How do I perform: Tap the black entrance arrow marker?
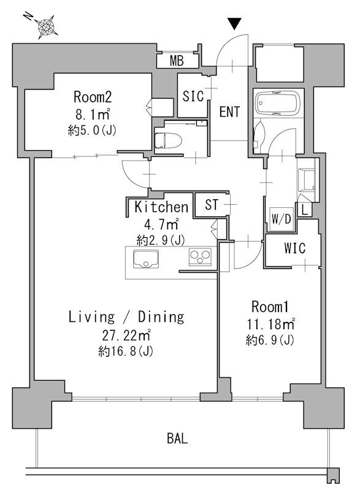pyautogui.click(x=235, y=24)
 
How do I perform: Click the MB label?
pyautogui.click(x=177, y=61)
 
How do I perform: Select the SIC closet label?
pyautogui.click(x=193, y=96)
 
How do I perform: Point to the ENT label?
pyautogui.click(x=229, y=112)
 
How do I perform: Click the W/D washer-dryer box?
pyautogui.click(x=281, y=219)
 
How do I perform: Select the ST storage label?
pyautogui.click(x=212, y=205)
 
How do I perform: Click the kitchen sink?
pyautogui.click(x=146, y=259)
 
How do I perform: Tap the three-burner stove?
pyautogui.click(x=200, y=257)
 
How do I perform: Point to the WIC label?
pyautogui.click(x=294, y=248)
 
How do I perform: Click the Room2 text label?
pyautogui.click(x=93, y=97)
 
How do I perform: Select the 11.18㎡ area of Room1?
pyautogui.click(x=270, y=324)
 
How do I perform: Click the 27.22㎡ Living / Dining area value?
pyautogui.click(x=126, y=335)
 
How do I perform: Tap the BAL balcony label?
pyautogui.click(x=177, y=438)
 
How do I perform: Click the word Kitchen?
pyautogui.click(x=161, y=207)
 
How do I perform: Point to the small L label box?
pyautogui.click(x=305, y=209)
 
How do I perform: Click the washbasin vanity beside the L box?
pyautogui.click(x=307, y=180)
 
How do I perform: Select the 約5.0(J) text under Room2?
pyautogui.click(x=92, y=131)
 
